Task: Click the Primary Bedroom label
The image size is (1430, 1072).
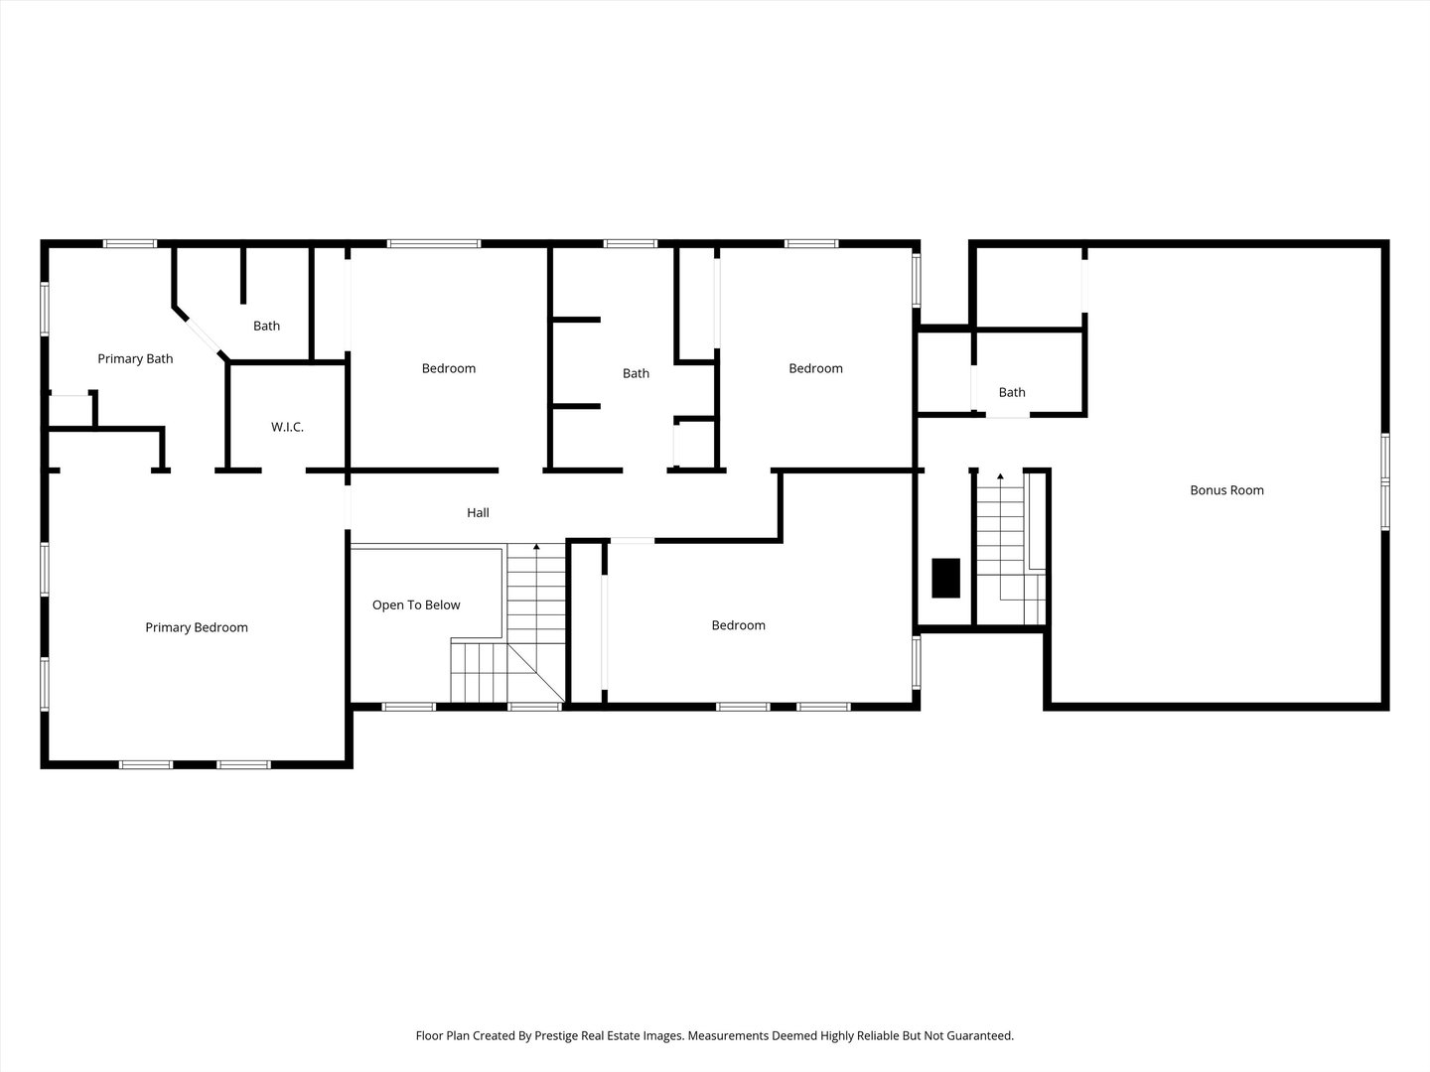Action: click(x=196, y=627)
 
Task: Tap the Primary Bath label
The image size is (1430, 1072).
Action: click(x=135, y=358)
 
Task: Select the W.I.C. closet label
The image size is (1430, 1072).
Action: click(x=287, y=427)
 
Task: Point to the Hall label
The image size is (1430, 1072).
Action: click(x=478, y=513)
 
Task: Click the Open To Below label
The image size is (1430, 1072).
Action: click(x=416, y=605)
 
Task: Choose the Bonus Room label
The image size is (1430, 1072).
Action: click(x=1226, y=490)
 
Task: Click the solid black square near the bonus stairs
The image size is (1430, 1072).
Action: click(x=946, y=578)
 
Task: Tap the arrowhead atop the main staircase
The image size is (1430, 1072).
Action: click(x=536, y=547)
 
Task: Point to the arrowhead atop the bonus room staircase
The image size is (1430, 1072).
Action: click(x=1000, y=476)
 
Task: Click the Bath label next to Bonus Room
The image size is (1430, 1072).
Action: click(x=1012, y=392)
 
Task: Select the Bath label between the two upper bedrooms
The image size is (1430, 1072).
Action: click(x=636, y=373)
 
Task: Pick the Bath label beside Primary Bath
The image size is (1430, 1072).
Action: click(x=266, y=326)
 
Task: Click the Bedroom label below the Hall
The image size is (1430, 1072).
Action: click(x=738, y=625)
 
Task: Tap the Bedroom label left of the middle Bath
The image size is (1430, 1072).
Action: click(x=449, y=368)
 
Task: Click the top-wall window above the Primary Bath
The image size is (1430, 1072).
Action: click(x=130, y=244)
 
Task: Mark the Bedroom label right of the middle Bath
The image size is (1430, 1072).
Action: click(x=815, y=368)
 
